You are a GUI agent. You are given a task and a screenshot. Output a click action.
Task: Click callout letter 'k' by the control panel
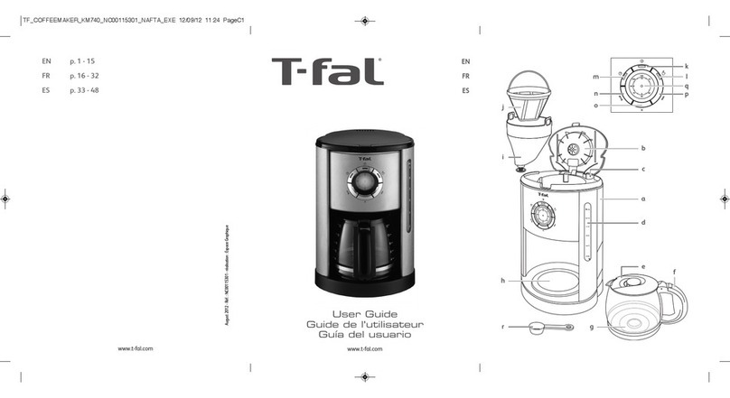pyautogui.click(x=687, y=67)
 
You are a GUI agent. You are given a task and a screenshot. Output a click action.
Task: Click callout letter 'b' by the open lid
pyautogui.click(x=643, y=147)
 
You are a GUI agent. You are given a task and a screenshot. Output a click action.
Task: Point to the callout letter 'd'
pyautogui.click(x=643, y=221)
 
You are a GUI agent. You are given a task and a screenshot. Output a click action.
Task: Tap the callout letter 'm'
pyautogui.click(x=596, y=79)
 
